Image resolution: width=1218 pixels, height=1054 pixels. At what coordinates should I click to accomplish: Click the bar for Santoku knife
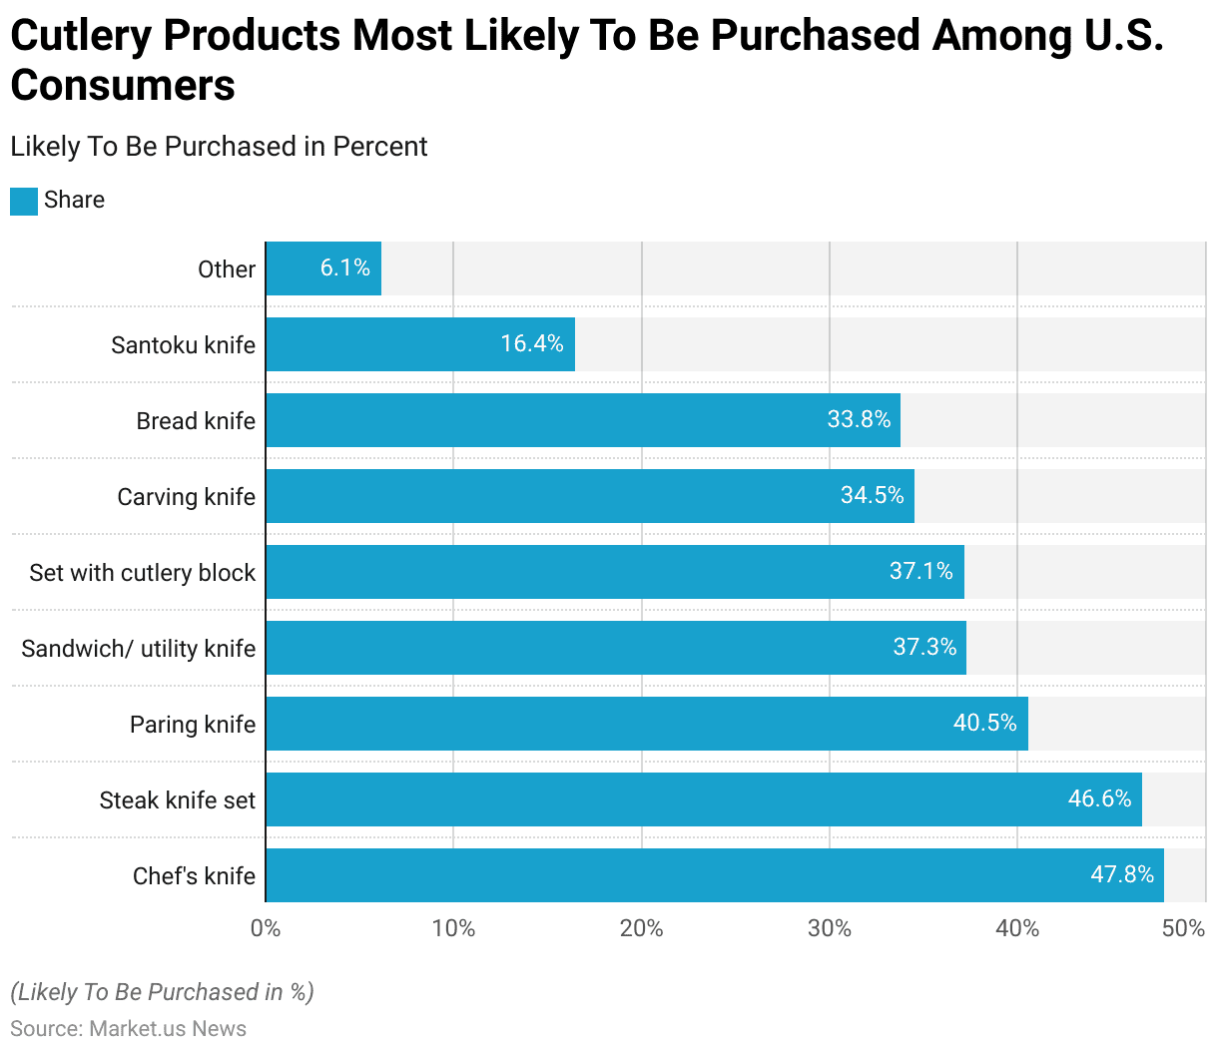pos(419,344)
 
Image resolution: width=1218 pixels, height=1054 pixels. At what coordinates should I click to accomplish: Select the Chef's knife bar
pos(714,875)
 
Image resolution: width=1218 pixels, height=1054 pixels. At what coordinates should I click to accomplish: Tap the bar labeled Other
pos(323,268)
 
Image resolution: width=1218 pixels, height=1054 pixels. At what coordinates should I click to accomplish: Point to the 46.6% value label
pos(1099,798)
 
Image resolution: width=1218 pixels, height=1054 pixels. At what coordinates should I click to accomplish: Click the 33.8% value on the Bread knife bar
pos(859,419)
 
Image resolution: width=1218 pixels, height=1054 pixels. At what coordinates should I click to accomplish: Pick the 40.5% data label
pos(984,723)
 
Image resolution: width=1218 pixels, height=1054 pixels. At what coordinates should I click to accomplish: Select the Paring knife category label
pos(193,725)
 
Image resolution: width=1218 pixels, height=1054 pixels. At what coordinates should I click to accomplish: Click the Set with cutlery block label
pos(143,573)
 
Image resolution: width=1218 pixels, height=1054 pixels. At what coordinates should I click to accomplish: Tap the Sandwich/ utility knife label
pos(139,649)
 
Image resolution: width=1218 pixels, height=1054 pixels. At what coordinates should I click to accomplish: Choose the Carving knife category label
pos(187,497)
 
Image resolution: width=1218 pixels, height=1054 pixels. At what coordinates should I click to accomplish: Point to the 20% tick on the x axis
pos(641,928)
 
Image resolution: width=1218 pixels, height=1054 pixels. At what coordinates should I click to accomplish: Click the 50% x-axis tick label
pos(1183,928)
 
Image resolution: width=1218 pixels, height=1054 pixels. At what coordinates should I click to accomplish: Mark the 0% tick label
pos(266,928)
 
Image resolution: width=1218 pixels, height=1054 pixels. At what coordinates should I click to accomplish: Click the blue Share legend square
pos(24,201)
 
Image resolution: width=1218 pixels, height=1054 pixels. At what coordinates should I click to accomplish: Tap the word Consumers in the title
pos(123,86)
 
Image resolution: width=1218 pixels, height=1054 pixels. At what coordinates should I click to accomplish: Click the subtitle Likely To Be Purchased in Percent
pos(219,147)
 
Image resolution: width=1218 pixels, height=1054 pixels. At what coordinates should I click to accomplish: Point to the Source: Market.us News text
pos(128,1029)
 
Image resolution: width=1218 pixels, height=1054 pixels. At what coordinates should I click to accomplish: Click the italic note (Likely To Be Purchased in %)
pos(162,992)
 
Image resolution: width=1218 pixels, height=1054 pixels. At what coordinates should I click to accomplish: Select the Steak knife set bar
pos(704,799)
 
